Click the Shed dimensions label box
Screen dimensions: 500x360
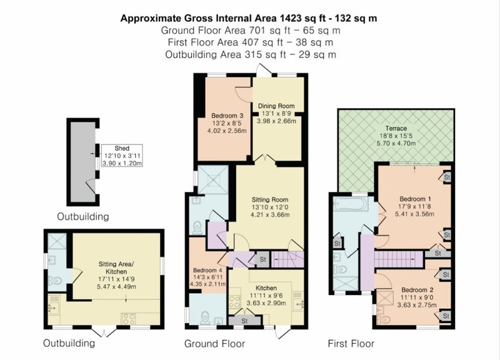(122, 156)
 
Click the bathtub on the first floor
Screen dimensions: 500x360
(351, 204)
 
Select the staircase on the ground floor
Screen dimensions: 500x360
(287, 259)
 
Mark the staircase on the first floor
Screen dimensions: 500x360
(399, 259)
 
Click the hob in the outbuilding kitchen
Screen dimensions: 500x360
(129, 318)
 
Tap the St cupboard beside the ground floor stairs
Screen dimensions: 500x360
(262, 259)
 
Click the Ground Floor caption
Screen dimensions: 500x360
(214, 344)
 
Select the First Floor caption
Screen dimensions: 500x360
(351, 344)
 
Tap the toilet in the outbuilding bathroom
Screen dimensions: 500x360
(55, 281)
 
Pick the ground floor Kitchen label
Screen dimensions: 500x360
(266, 288)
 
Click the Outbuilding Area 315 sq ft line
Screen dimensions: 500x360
(251, 54)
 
